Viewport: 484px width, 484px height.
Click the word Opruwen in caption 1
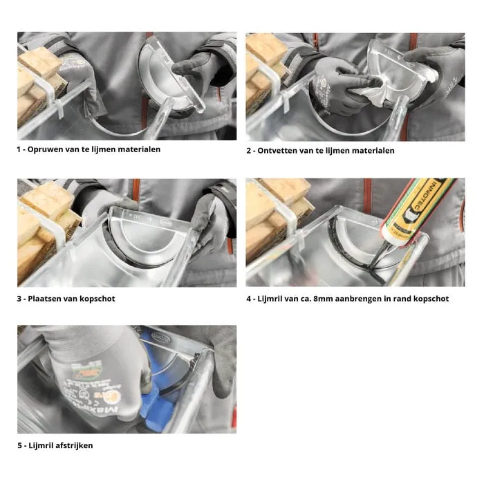click(x=46, y=149)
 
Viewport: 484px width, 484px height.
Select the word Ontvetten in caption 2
click(x=279, y=151)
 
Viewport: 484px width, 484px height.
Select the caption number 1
click(x=19, y=149)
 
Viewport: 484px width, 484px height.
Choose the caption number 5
click(x=19, y=445)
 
